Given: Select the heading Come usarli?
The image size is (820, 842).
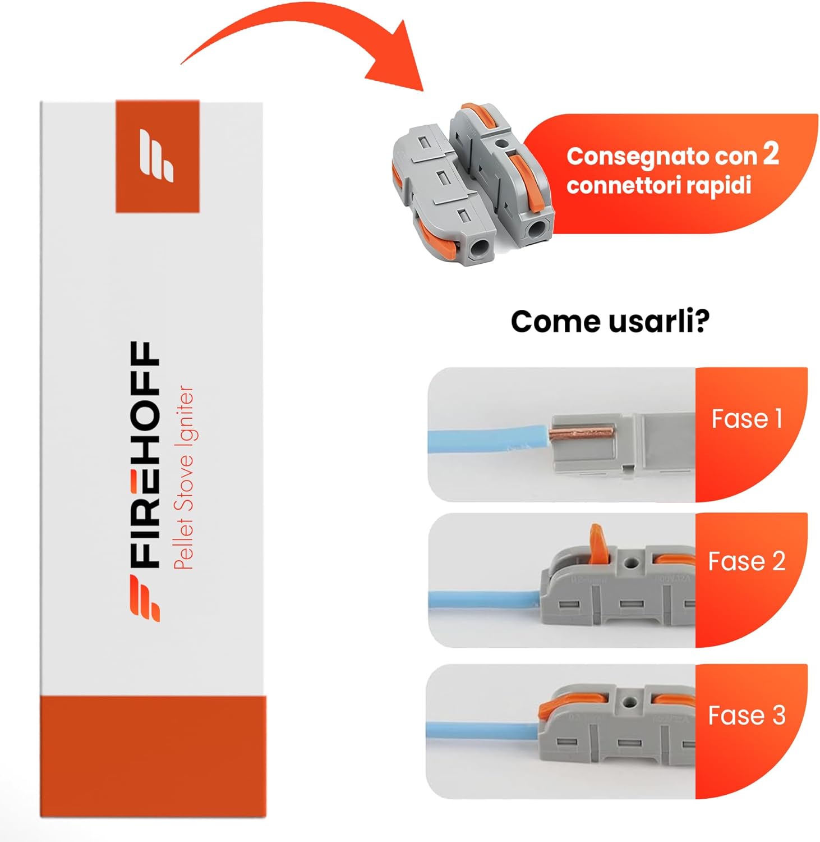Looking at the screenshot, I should click(x=610, y=321).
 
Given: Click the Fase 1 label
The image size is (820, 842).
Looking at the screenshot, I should click(x=746, y=419).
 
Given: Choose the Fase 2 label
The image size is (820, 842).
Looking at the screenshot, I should click(x=746, y=561).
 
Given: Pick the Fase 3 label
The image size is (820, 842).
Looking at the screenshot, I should click(x=746, y=715).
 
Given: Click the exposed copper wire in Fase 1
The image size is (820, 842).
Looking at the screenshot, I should click(x=581, y=432).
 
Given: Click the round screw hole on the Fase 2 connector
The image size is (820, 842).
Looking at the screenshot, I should click(x=632, y=561).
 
